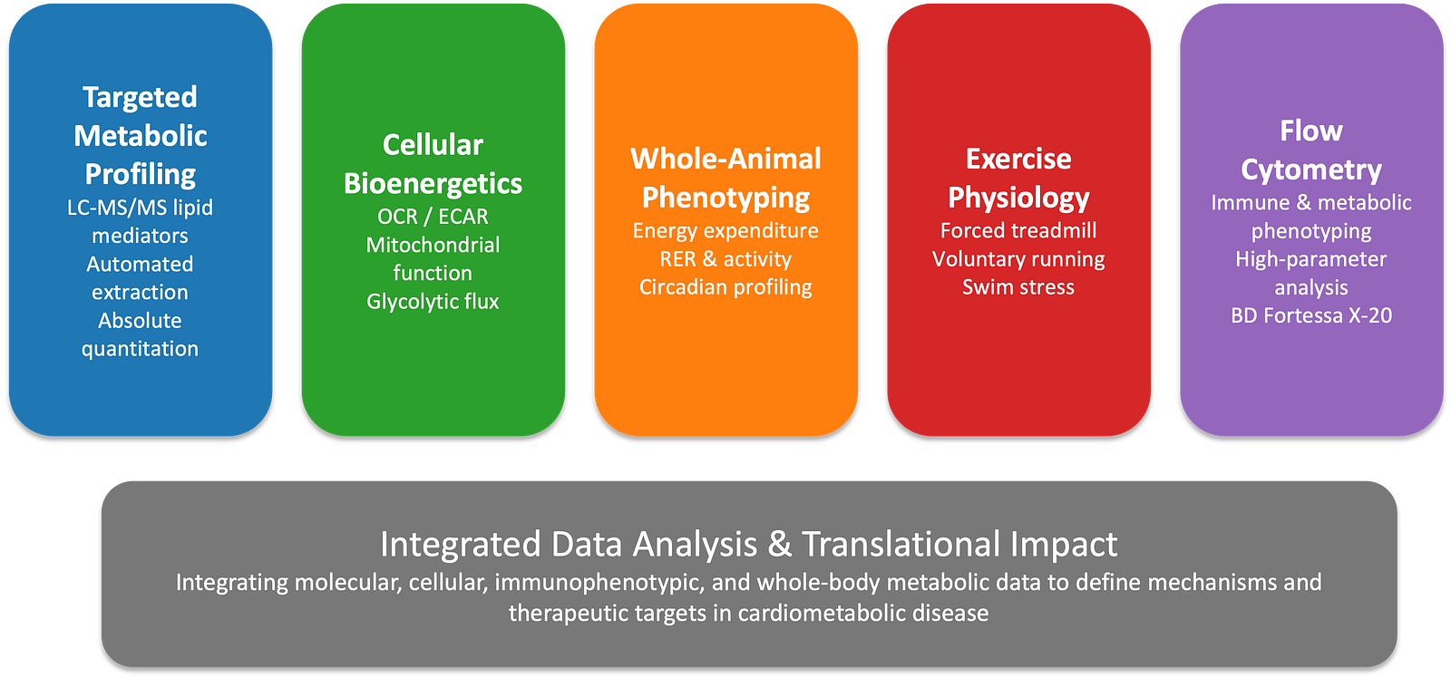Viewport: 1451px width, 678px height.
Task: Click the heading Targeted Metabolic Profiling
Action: (x=140, y=135)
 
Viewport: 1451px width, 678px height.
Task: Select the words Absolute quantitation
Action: (x=140, y=334)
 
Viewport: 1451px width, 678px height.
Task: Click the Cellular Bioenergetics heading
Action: (x=433, y=164)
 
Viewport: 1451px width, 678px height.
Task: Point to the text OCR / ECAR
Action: (x=433, y=217)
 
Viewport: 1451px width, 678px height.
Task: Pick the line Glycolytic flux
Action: (x=433, y=301)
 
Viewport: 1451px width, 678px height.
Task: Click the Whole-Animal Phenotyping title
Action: (x=725, y=178)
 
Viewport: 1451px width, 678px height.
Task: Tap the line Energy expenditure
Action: (x=725, y=230)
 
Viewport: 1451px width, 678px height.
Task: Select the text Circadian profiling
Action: (x=725, y=287)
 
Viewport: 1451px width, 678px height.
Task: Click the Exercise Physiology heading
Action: (x=1018, y=178)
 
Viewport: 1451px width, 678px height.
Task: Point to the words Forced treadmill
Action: (x=1018, y=230)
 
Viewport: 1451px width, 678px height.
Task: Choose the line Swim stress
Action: (x=1018, y=287)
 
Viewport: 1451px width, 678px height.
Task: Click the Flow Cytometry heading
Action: (x=1311, y=150)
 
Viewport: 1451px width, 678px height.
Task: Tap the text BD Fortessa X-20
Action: (x=1311, y=315)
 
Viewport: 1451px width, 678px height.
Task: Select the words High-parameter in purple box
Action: (x=1311, y=259)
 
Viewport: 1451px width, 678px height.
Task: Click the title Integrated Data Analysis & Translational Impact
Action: (x=748, y=544)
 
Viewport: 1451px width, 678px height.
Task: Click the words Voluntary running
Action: (x=1018, y=259)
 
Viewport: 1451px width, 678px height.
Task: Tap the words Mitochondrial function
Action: (x=433, y=258)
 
